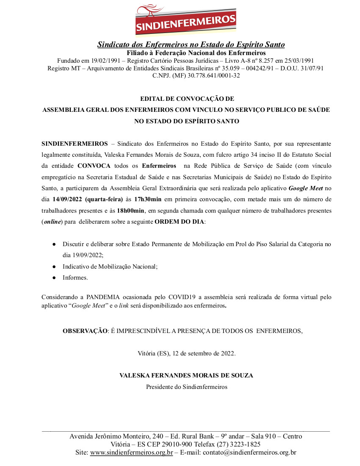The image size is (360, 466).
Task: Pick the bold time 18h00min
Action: (x=131, y=210)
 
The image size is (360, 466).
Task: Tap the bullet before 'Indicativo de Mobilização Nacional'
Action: (x=54, y=267)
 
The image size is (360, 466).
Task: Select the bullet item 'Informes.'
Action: (x=75, y=278)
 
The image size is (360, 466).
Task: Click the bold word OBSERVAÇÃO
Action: (x=85, y=331)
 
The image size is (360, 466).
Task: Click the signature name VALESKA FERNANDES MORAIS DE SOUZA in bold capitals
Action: (x=186, y=375)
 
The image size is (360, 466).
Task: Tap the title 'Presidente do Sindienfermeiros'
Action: (x=187, y=387)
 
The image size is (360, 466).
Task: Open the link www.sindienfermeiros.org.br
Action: (x=131, y=452)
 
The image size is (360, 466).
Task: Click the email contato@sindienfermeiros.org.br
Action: (x=249, y=452)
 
